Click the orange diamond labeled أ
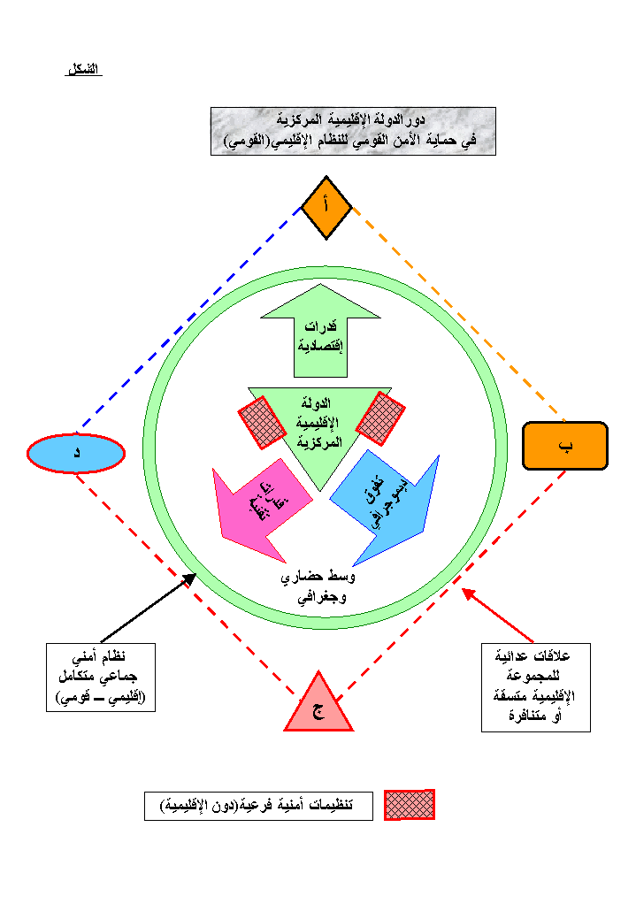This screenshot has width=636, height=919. pos(326,207)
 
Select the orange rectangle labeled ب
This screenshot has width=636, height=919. pos(565,445)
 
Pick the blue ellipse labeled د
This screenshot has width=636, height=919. pos(76,453)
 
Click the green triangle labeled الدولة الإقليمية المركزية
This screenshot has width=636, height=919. pos(319,425)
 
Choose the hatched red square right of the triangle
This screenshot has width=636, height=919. pos(380,417)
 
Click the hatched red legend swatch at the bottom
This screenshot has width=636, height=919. pos(409,804)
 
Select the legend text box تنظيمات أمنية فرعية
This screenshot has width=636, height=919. pos(258,806)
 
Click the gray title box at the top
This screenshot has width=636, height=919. pos(353,131)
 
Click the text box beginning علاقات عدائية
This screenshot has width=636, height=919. pos(535,687)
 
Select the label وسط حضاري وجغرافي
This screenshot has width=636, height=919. pos(318,586)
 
